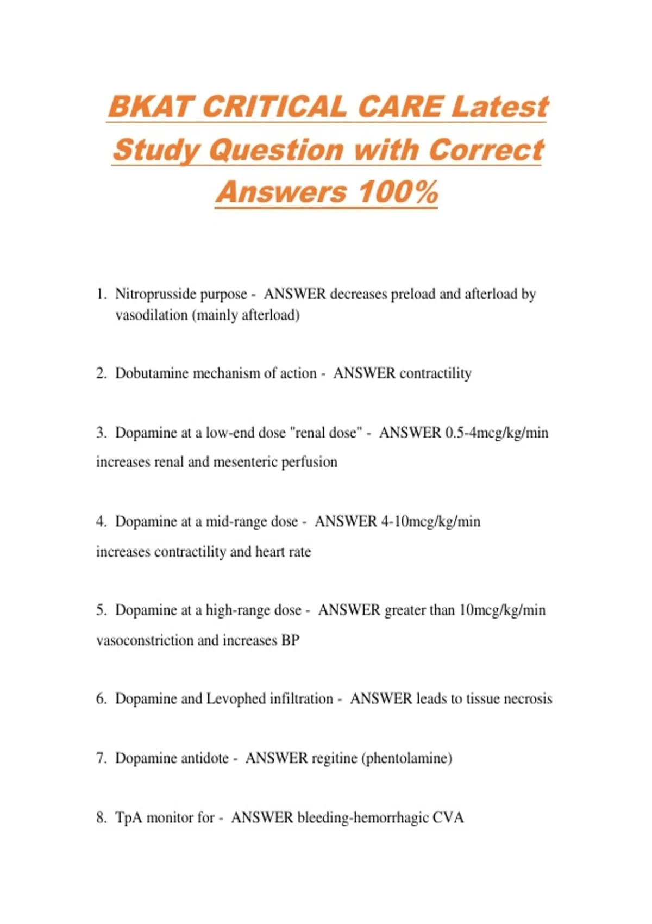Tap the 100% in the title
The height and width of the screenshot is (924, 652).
pos(398,192)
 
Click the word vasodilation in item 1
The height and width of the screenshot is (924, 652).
pos(151,315)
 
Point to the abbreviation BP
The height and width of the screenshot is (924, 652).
pos(290,640)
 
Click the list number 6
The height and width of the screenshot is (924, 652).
pos(101,699)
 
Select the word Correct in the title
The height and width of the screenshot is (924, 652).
pos(486,149)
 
